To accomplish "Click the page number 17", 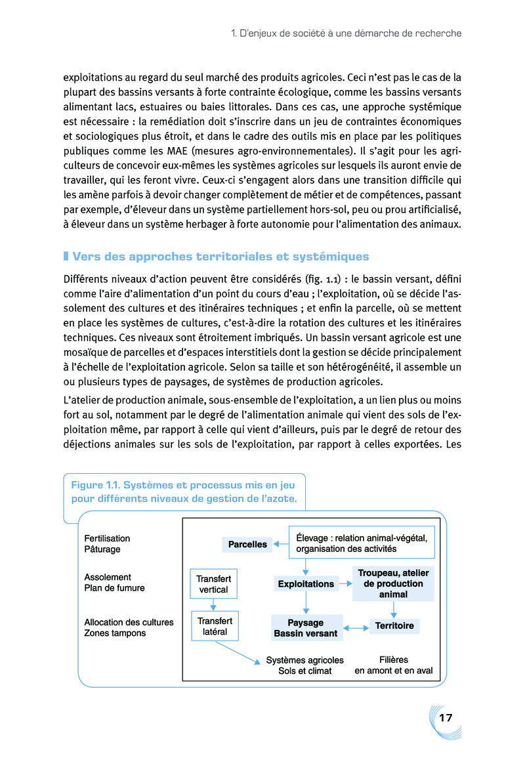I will (x=446, y=717).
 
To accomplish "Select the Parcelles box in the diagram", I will (x=247, y=544).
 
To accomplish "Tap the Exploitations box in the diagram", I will (x=306, y=583).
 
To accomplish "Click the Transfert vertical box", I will (x=213, y=584).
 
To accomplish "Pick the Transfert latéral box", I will (x=213, y=626).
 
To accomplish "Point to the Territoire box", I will (x=394, y=626).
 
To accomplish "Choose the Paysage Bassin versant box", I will (x=306, y=628).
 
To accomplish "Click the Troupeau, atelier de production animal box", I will (x=393, y=583).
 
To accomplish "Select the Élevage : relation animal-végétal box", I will (x=362, y=543).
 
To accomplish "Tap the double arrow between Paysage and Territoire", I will (x=356, y=628).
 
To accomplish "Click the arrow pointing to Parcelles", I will (x=281, y=544).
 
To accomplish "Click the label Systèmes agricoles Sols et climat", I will (x=304, y=665).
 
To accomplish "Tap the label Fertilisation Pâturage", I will (x=107, y=543).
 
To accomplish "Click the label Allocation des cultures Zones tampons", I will (x=129, y=627).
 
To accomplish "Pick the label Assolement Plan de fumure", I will (x=114, y=582).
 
